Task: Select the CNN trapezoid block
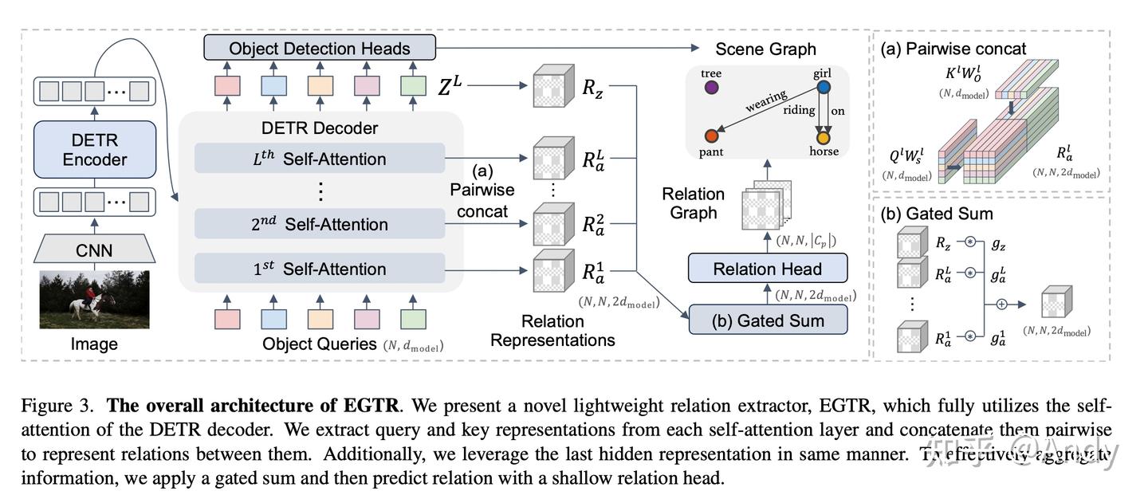94,251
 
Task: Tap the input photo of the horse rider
94,300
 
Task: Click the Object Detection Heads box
320,48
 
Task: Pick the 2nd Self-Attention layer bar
320,224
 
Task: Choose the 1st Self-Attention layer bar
320,269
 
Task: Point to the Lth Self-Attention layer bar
320,159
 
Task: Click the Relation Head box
767,269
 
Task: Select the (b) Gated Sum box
767,320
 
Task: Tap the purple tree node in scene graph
711,88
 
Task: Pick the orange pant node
711,136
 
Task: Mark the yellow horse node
823,136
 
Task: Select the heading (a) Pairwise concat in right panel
953,49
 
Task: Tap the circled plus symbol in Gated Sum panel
1001,304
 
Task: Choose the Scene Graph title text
765,49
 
